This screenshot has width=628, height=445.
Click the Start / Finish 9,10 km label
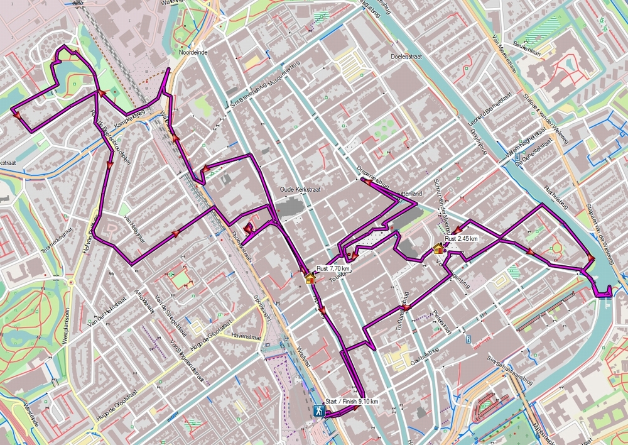(x=352, y=402)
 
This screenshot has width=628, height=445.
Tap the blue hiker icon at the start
(x=319, y=411)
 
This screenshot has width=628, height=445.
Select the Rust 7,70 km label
(x=333, y=268)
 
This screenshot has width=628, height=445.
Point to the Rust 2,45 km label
(x=462, y=239)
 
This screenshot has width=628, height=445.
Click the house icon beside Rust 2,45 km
(x=438, y=248)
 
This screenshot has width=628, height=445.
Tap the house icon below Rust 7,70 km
(x=310, y=278)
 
